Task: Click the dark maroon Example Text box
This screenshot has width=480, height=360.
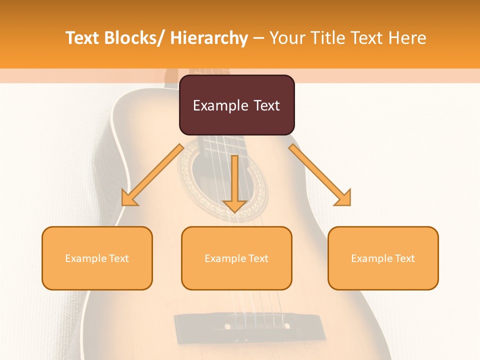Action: pyautogui.click(x=236, y=105)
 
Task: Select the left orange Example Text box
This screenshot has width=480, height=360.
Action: pyautogui.click(x=97, y=258)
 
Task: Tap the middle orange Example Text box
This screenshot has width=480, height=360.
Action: pyautogui.click(x=236, y=258)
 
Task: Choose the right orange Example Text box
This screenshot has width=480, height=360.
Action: pyautogui.click(x=383, y=258)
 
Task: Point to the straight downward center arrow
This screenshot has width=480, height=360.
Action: pyautogui.click(x=234, y=182)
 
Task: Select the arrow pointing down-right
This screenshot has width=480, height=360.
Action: pyautogui.click(x=320, y=175)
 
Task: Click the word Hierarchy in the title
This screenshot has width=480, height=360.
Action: pyautogui.click(x=209, y=38)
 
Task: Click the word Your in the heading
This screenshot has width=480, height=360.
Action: pyautogui.click(x=287, y=38)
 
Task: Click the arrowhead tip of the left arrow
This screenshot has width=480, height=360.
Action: pyautogui.click(x=123, y=204)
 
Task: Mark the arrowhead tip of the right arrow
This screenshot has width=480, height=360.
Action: pyautogui.click(x=349, y=204)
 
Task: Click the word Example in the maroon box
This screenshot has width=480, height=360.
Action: pyautogui.click(x=220, y=105)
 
